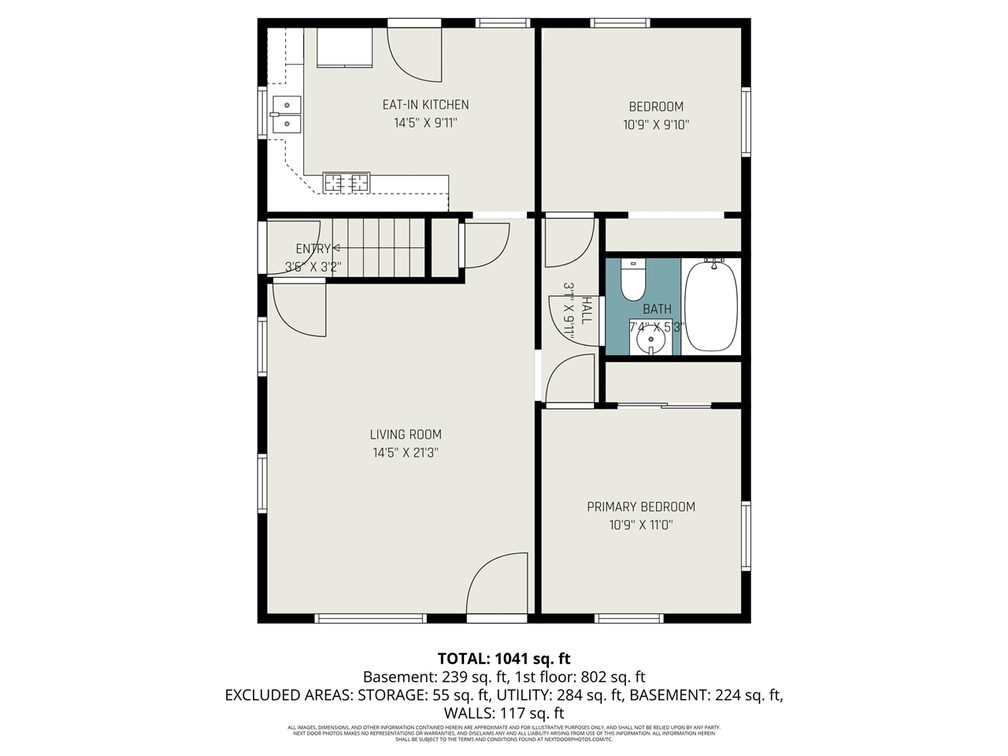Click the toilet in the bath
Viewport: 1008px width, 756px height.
(633, 280)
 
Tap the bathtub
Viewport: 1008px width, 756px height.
(711, 307)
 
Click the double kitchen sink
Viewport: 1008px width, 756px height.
(286, 114)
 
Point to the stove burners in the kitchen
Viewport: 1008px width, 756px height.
(346, 183)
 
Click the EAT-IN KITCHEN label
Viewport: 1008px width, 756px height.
(425, 105)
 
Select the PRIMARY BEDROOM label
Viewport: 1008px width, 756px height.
(641, 507)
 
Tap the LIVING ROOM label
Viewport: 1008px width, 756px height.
(406, 435)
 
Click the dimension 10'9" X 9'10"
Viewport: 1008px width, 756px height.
(655, 124)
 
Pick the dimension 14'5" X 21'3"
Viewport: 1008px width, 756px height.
(406, 453)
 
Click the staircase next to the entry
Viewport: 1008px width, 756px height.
(378, 247)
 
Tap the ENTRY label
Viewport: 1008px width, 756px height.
(312, 249)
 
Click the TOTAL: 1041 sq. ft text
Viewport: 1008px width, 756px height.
(504, 658)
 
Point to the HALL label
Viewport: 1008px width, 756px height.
(585, 310)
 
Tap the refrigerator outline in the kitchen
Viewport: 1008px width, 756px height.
(344, 47)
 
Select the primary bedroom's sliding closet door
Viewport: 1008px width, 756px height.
(664, 406)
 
